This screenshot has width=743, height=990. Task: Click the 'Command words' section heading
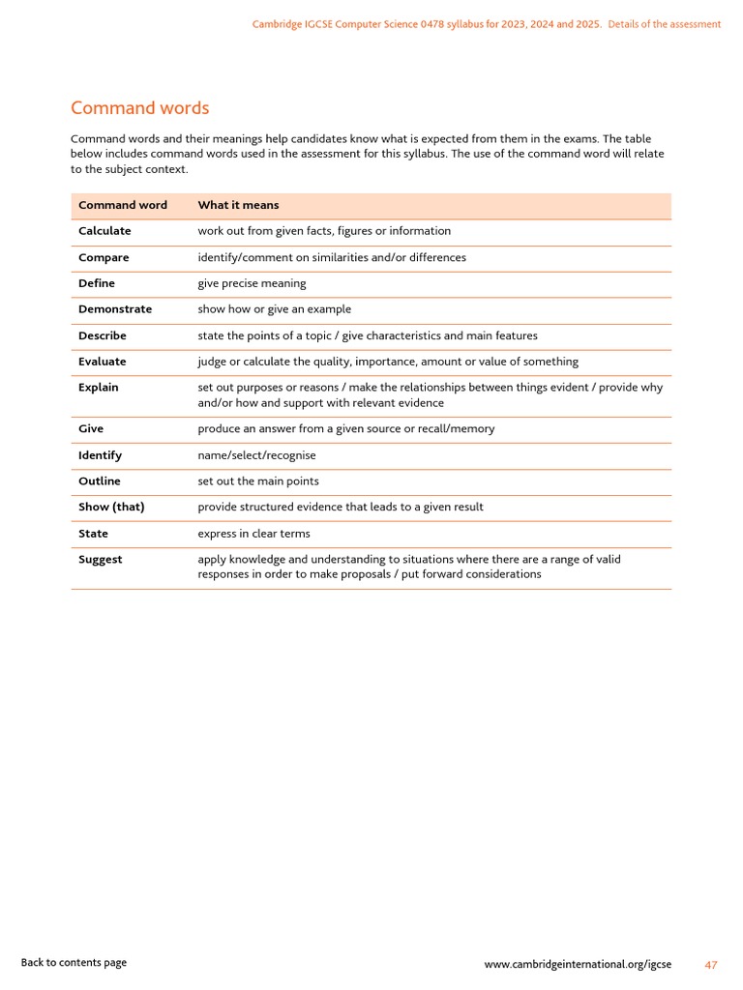click(x=139, y=108)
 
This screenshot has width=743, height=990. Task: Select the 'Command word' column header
click(x=123, y=205)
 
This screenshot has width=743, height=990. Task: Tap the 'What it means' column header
click(x=238, y=205)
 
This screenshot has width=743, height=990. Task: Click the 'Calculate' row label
click(x=104, y=231)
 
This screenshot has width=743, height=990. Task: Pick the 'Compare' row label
click(x=104, y=258)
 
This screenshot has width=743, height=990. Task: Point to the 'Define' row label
click(x=97, y=283)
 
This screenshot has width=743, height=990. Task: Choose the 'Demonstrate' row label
click(x=115, y=309)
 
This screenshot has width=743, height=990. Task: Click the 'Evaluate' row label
click(x=103, y=362)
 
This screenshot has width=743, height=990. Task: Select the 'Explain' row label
click(x=99, y=388)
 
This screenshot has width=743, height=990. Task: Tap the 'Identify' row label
click(x=101, y=455)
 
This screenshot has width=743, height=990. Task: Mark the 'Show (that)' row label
click(x=111, y=507)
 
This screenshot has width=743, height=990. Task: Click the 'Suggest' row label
click(x=101, y=560)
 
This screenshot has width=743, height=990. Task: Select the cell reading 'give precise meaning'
click(x=252, y=283)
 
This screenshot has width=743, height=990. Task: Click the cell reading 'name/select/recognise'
click(x=256, y=455)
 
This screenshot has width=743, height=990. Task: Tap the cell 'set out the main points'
click(x=258, y=481)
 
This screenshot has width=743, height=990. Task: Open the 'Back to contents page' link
click(x=74, y=962)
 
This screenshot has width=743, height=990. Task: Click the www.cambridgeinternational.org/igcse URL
click(x=578, y=965)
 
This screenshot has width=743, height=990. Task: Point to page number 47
click(x=711, y=965)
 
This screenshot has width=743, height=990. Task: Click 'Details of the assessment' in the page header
click(x=665, y=24)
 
